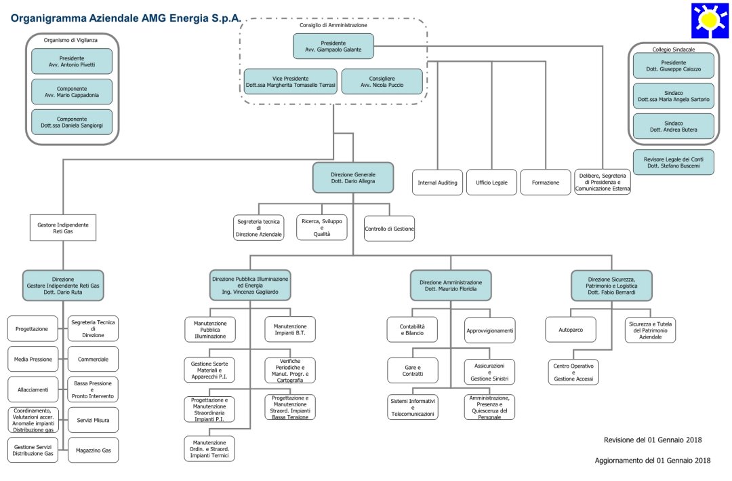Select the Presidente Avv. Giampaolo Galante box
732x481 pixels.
tap(333, 46)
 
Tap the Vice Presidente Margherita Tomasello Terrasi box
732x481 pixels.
tap(290, 81)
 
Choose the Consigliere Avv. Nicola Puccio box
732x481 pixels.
tap(382, 81)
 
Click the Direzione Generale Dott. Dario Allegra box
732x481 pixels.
tap(353, 178)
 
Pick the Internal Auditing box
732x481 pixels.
tap(438, 182)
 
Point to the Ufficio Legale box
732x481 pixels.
tap(491, 182)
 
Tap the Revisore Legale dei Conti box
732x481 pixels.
tap(672, 162)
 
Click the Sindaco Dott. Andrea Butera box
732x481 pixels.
tap(672, 126)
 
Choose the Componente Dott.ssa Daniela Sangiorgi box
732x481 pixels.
tap(72, 122)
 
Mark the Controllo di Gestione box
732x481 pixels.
tap(389, 229)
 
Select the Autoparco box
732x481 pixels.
tap(571, 330)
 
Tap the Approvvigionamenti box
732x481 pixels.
tap(489, 330)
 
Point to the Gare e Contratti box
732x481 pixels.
tap(413, 369)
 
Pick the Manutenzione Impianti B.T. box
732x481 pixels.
tap(289, 329)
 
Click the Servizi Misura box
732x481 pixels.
tap(93, 420)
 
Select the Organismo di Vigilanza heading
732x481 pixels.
tap(70, 40)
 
